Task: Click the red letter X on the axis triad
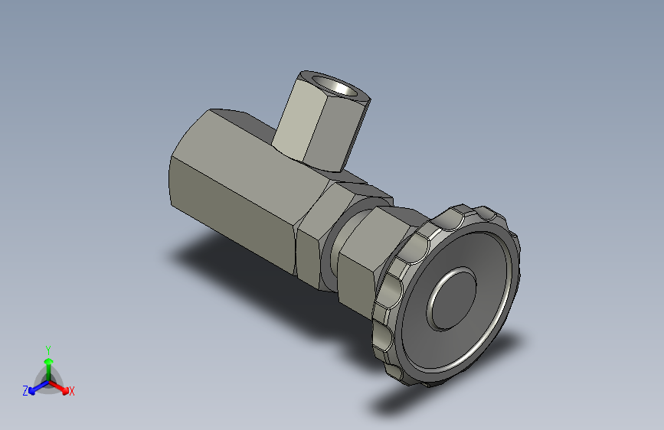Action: [x=72, y=392]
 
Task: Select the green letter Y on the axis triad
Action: [x=47, y=349]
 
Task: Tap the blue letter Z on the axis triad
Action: [x=25, y=391]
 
